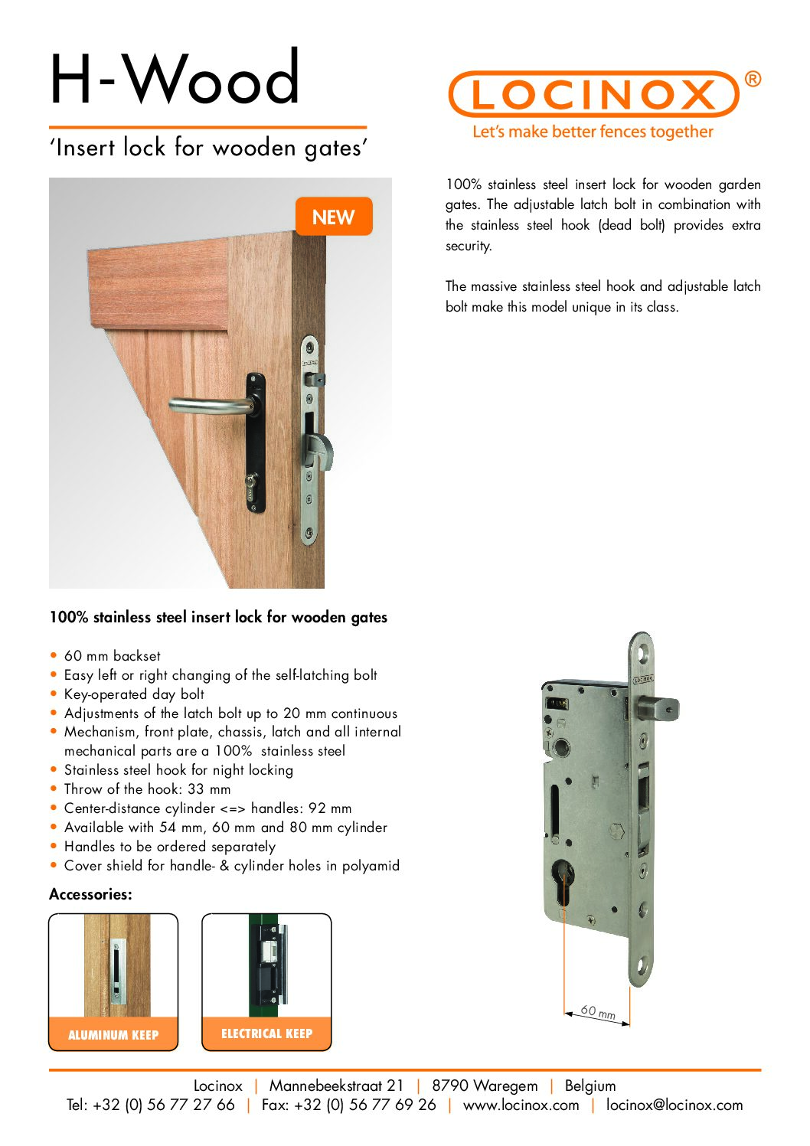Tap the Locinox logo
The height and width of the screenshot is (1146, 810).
tap(593, 94)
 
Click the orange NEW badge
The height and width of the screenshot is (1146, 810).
tap(333, 217)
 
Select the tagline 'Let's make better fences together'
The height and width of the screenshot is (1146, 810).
tap(593, 132)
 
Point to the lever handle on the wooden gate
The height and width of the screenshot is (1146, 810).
tap(211, 405)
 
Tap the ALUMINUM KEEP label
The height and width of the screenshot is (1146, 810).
tap(113, 1035)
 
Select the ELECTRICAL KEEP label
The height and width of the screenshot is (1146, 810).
tap(266, 1033)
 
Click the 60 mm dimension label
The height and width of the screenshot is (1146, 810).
tap(597, 1011)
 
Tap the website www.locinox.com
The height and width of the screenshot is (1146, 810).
tap(521, 1105)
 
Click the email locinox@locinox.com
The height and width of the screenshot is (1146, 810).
tap(674, 1105)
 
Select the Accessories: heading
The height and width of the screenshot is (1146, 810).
tap(90, 894)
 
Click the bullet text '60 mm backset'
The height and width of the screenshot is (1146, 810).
tap(113, 656)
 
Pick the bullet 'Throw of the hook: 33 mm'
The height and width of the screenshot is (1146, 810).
tap(147, 789)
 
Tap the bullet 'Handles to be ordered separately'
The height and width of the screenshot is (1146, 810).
tap(169, 847)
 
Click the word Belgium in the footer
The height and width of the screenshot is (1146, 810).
tap(590, 1086)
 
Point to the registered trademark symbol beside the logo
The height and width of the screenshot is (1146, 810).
tap(753, 79)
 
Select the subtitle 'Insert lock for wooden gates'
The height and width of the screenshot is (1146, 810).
tap(208, 147)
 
